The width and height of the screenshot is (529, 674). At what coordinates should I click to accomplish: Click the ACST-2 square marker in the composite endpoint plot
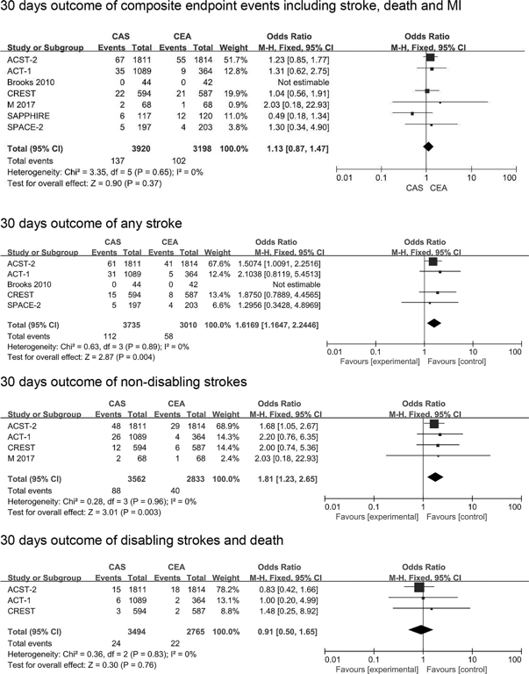coord(430,57)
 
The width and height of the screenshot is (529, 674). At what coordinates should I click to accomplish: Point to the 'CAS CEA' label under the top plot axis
coord(427,188)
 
